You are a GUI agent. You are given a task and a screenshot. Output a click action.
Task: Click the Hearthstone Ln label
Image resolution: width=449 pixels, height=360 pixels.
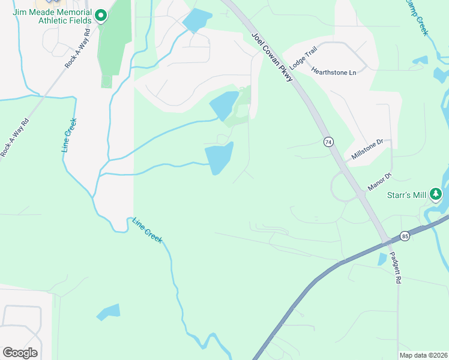click(334, 71)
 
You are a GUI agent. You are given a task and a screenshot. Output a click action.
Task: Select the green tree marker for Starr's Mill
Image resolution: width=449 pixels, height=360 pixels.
click(436, 194)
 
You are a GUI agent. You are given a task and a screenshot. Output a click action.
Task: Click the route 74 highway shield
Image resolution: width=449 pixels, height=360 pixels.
click(328, 142)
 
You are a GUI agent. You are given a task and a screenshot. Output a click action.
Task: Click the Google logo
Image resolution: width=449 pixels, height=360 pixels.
click(20, 353)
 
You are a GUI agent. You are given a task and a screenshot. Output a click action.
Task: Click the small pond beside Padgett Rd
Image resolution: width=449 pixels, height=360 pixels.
click(382, 259)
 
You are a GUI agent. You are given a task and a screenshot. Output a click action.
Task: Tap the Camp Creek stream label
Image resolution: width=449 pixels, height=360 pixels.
click(415, 17)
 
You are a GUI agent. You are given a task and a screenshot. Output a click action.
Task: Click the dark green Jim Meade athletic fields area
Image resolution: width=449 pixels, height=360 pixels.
click(113, 42)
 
